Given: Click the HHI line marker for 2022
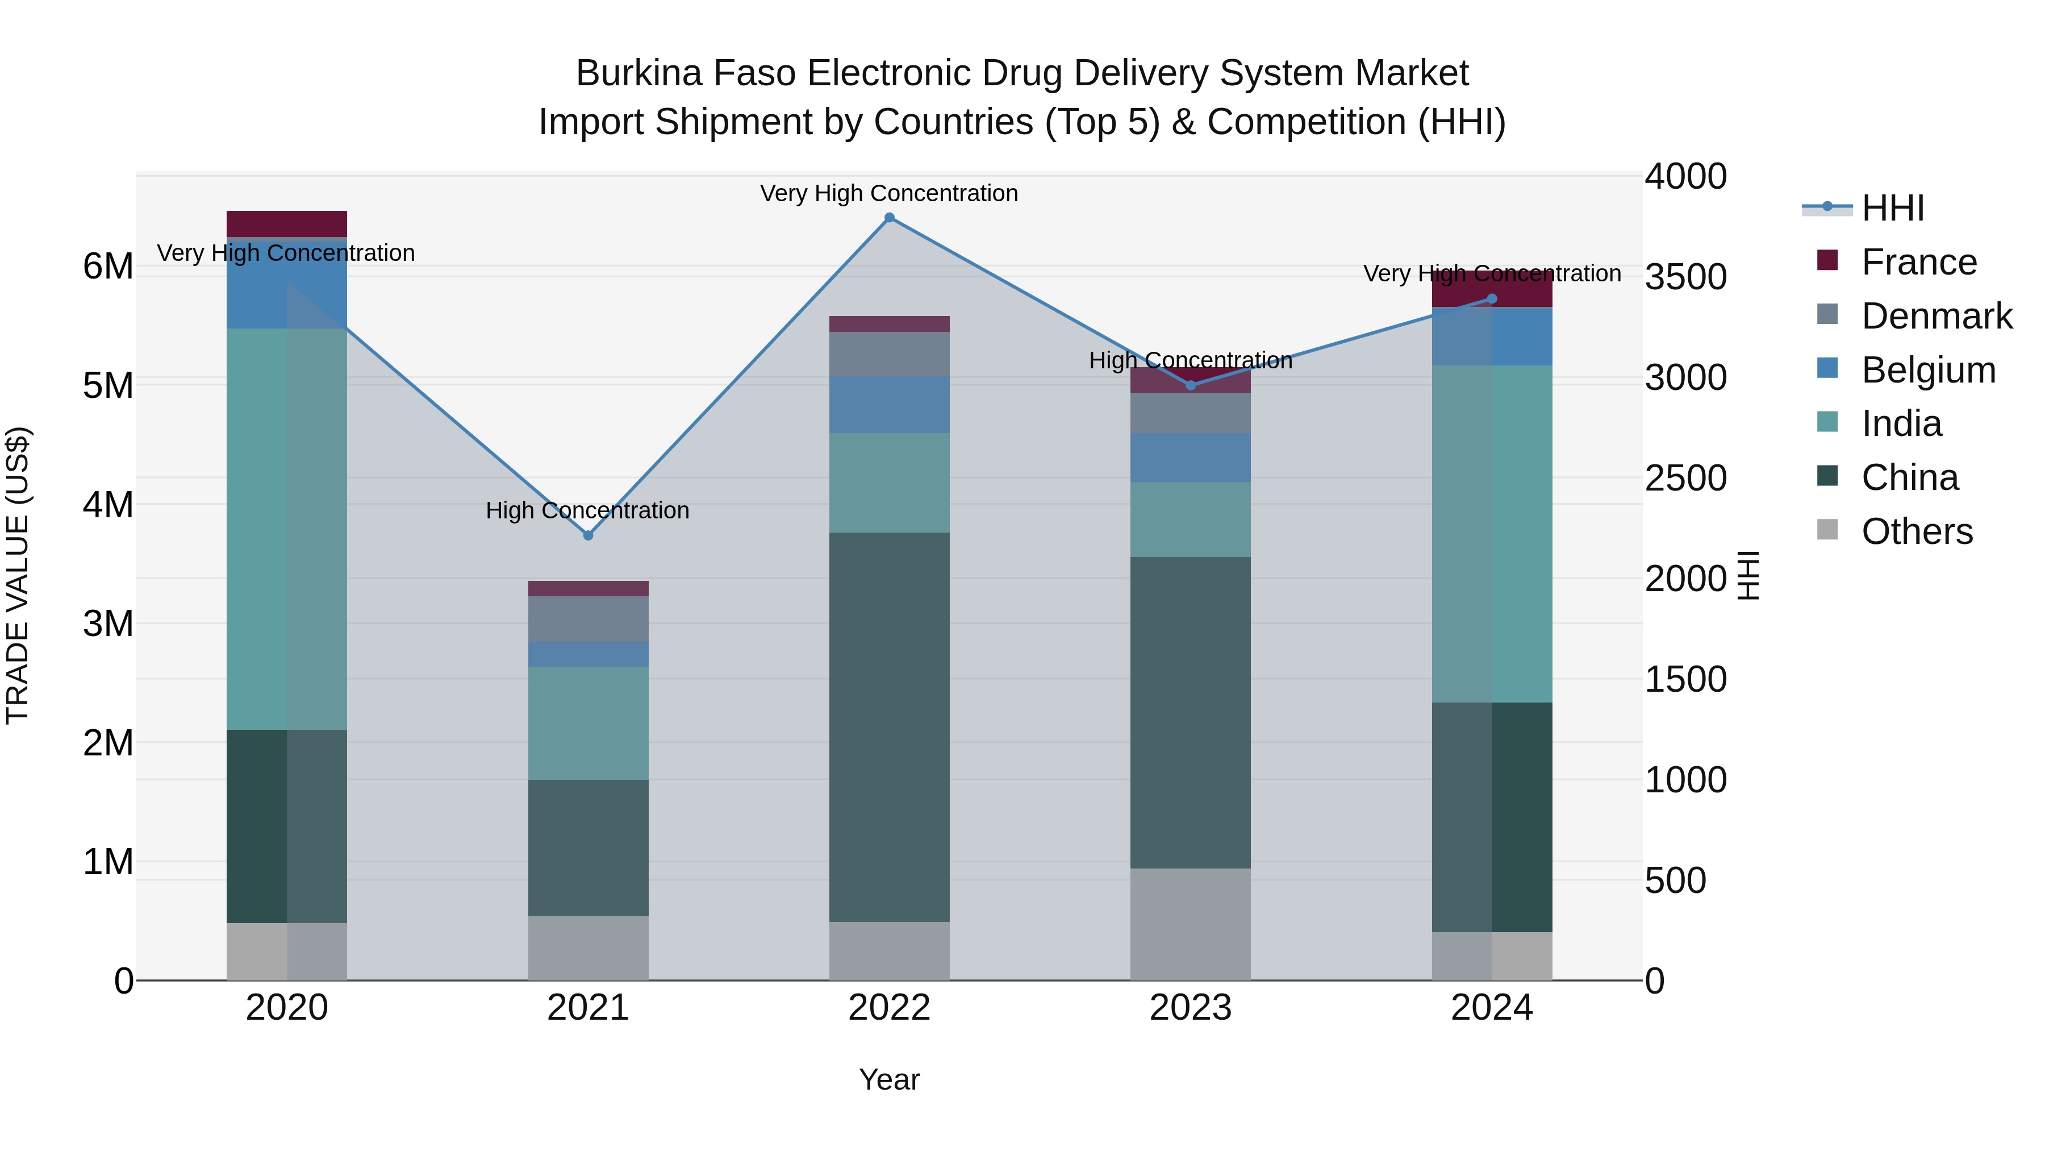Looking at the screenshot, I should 889,218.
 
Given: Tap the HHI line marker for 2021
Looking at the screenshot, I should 589,535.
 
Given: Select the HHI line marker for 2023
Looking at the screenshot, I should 1190,385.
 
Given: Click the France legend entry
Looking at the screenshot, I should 1918,262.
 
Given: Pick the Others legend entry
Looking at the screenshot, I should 1917,531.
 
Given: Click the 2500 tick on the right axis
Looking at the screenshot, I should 1685,478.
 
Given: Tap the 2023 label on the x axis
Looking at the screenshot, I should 1190,1008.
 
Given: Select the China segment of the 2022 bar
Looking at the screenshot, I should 889,727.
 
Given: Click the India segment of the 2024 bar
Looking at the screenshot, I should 1492,534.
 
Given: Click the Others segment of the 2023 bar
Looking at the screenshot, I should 1190,924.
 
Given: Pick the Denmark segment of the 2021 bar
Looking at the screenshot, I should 589,619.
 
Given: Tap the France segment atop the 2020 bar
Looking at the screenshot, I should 287,223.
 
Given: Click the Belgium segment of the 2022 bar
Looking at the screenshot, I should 889,404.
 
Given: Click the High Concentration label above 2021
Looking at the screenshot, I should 587,510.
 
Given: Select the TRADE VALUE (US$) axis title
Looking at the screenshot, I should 18,575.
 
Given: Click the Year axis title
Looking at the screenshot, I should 889,1079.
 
